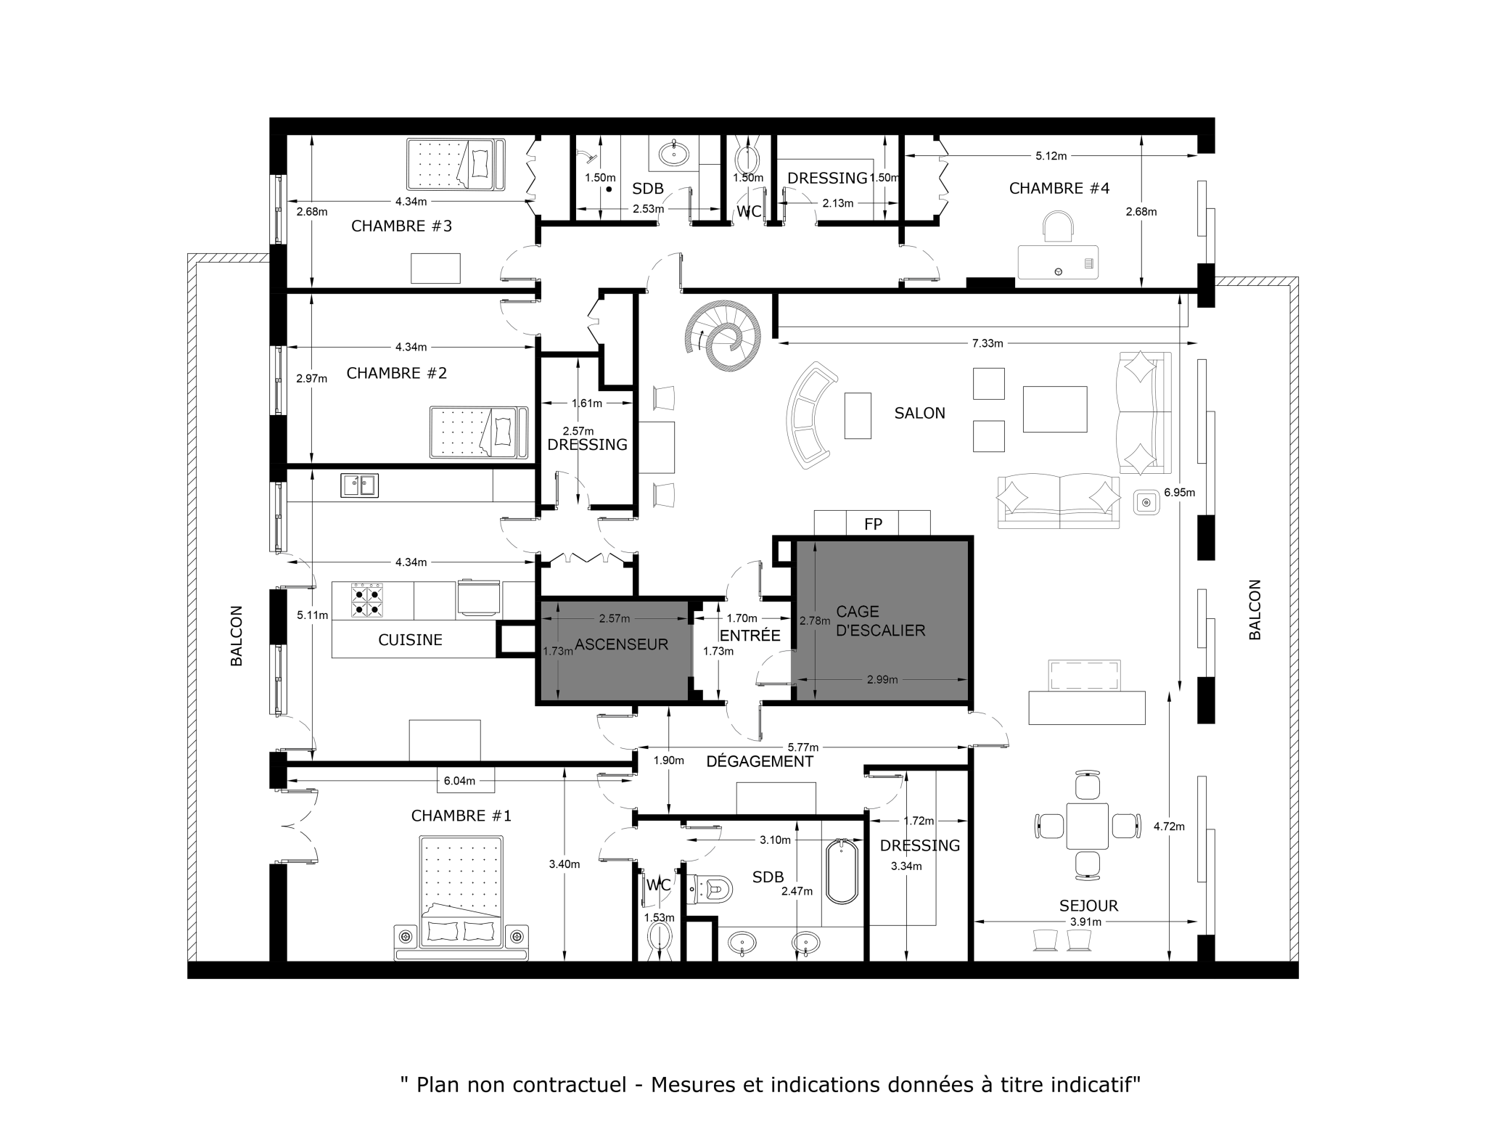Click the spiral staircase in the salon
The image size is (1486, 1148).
click(x=723, y=336)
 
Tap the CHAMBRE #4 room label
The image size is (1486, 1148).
click(x=1059, y=189)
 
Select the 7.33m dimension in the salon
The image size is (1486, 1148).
click(x=987, y=343)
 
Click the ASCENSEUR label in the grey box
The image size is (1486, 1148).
click(x=621, y=644)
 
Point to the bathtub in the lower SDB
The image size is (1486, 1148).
click(x=842, y=871)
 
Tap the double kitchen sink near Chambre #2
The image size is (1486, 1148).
click(x=359, y=485)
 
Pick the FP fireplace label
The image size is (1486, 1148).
click(x=873, y=523)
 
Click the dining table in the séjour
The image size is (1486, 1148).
click(x=1086, y=826)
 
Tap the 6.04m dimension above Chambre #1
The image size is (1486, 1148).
click(x=459, y=781)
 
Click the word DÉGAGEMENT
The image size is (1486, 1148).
click(x=759, y=761)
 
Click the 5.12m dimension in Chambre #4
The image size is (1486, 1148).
click(x=1050, y=155)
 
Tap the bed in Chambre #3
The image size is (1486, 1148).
click(x=455, y=165)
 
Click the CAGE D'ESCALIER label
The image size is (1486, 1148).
click(x=880, y=621)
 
